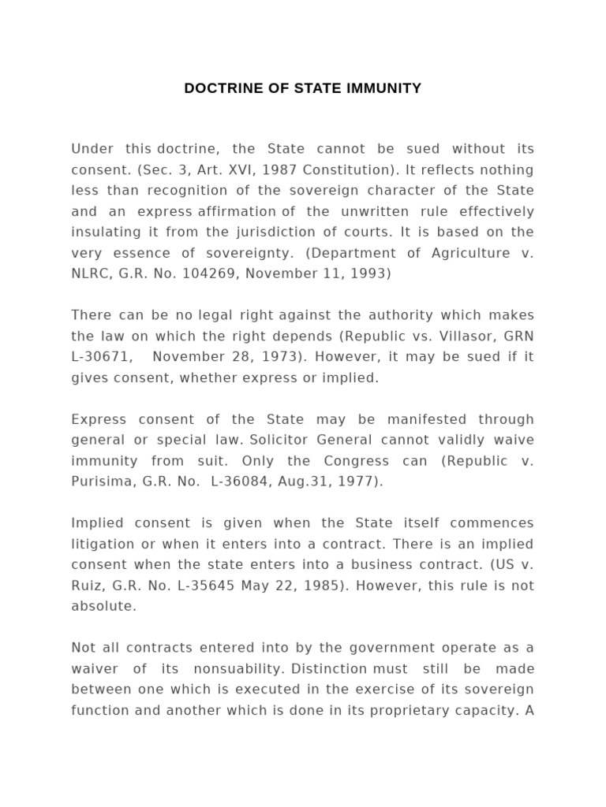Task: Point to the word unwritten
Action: [x=370, y=211]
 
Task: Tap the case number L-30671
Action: [x=100, y=356]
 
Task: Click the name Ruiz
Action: [x=87, y=586]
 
